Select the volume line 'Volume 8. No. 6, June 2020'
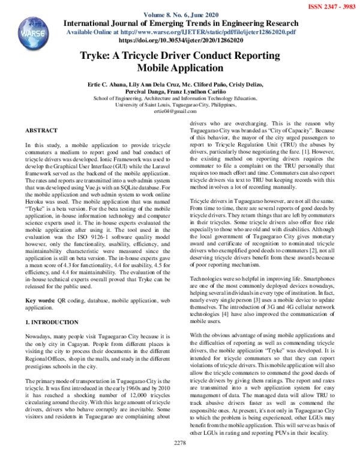pos(181,14)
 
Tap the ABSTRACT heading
pos(41,130)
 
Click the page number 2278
pos(181,460)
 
